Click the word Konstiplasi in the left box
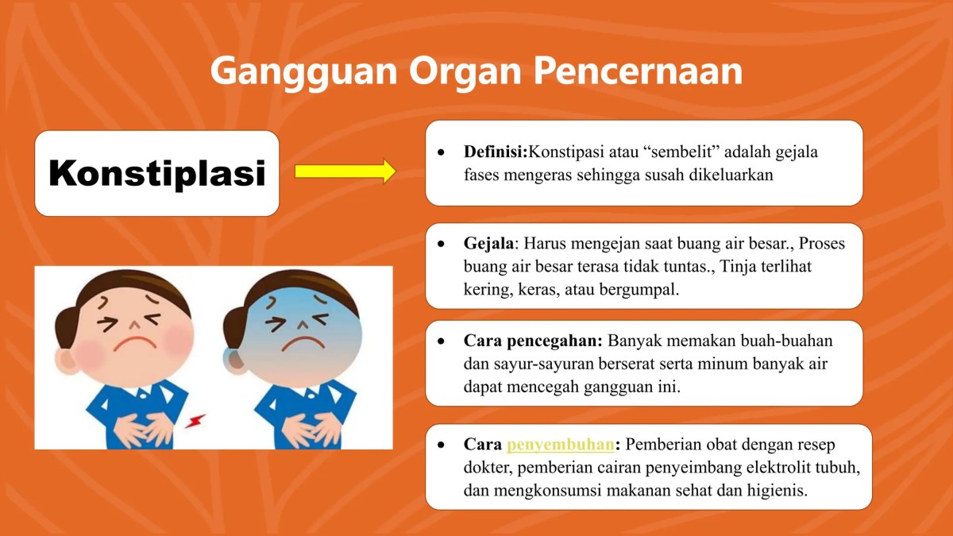click(x=156, y=173)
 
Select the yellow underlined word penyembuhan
click(x=561, y=445)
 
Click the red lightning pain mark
click(x=196, y=419)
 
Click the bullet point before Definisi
click(x=442, y=152)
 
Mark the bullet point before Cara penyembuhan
click(x=442, y=445)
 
